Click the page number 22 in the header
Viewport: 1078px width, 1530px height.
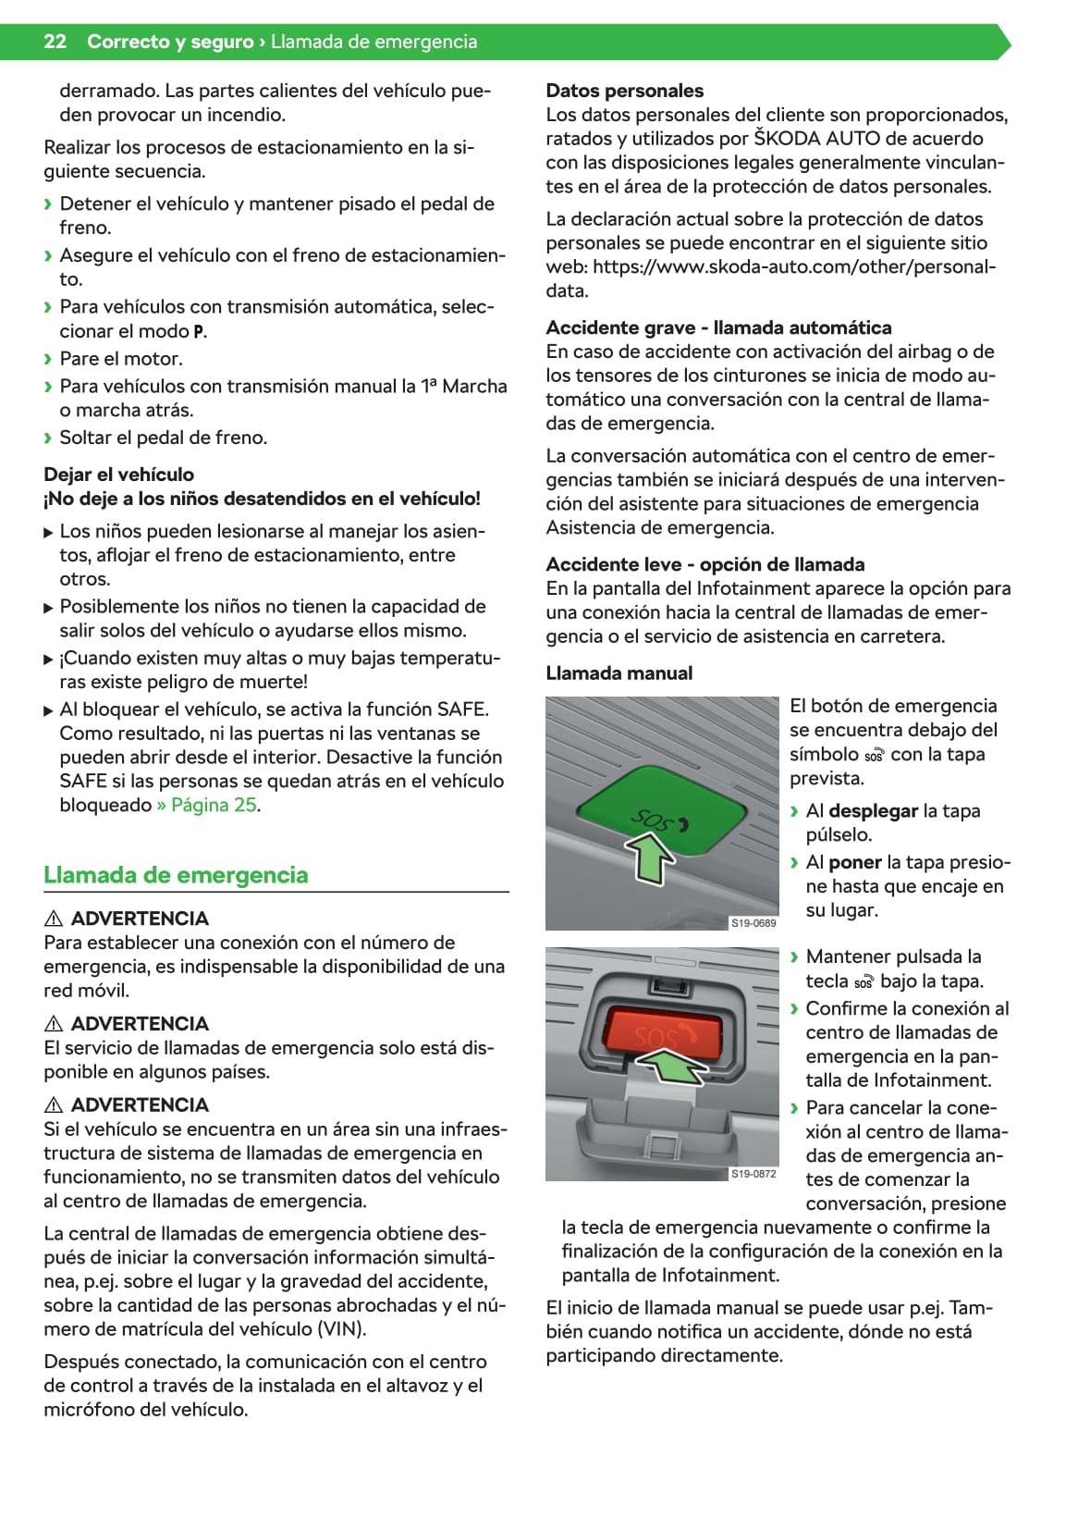55,42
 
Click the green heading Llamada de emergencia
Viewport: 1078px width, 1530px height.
176,875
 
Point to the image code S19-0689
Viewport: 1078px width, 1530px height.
753,923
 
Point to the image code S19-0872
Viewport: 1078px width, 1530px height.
753,1174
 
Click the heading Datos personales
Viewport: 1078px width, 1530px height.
624,91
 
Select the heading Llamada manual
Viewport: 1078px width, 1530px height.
619,673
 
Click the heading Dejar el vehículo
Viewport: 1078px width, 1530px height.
118,475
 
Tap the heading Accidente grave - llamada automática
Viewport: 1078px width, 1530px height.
718,327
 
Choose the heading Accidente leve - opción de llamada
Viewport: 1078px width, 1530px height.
704,564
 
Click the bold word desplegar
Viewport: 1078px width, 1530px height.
873,811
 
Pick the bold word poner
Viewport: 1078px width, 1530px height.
854,862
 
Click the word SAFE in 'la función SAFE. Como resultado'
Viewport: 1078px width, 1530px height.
464,709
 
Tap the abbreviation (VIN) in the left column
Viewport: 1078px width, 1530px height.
341,1329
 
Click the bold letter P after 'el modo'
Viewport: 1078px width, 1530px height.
199,332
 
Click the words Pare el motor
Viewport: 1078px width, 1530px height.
121,359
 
